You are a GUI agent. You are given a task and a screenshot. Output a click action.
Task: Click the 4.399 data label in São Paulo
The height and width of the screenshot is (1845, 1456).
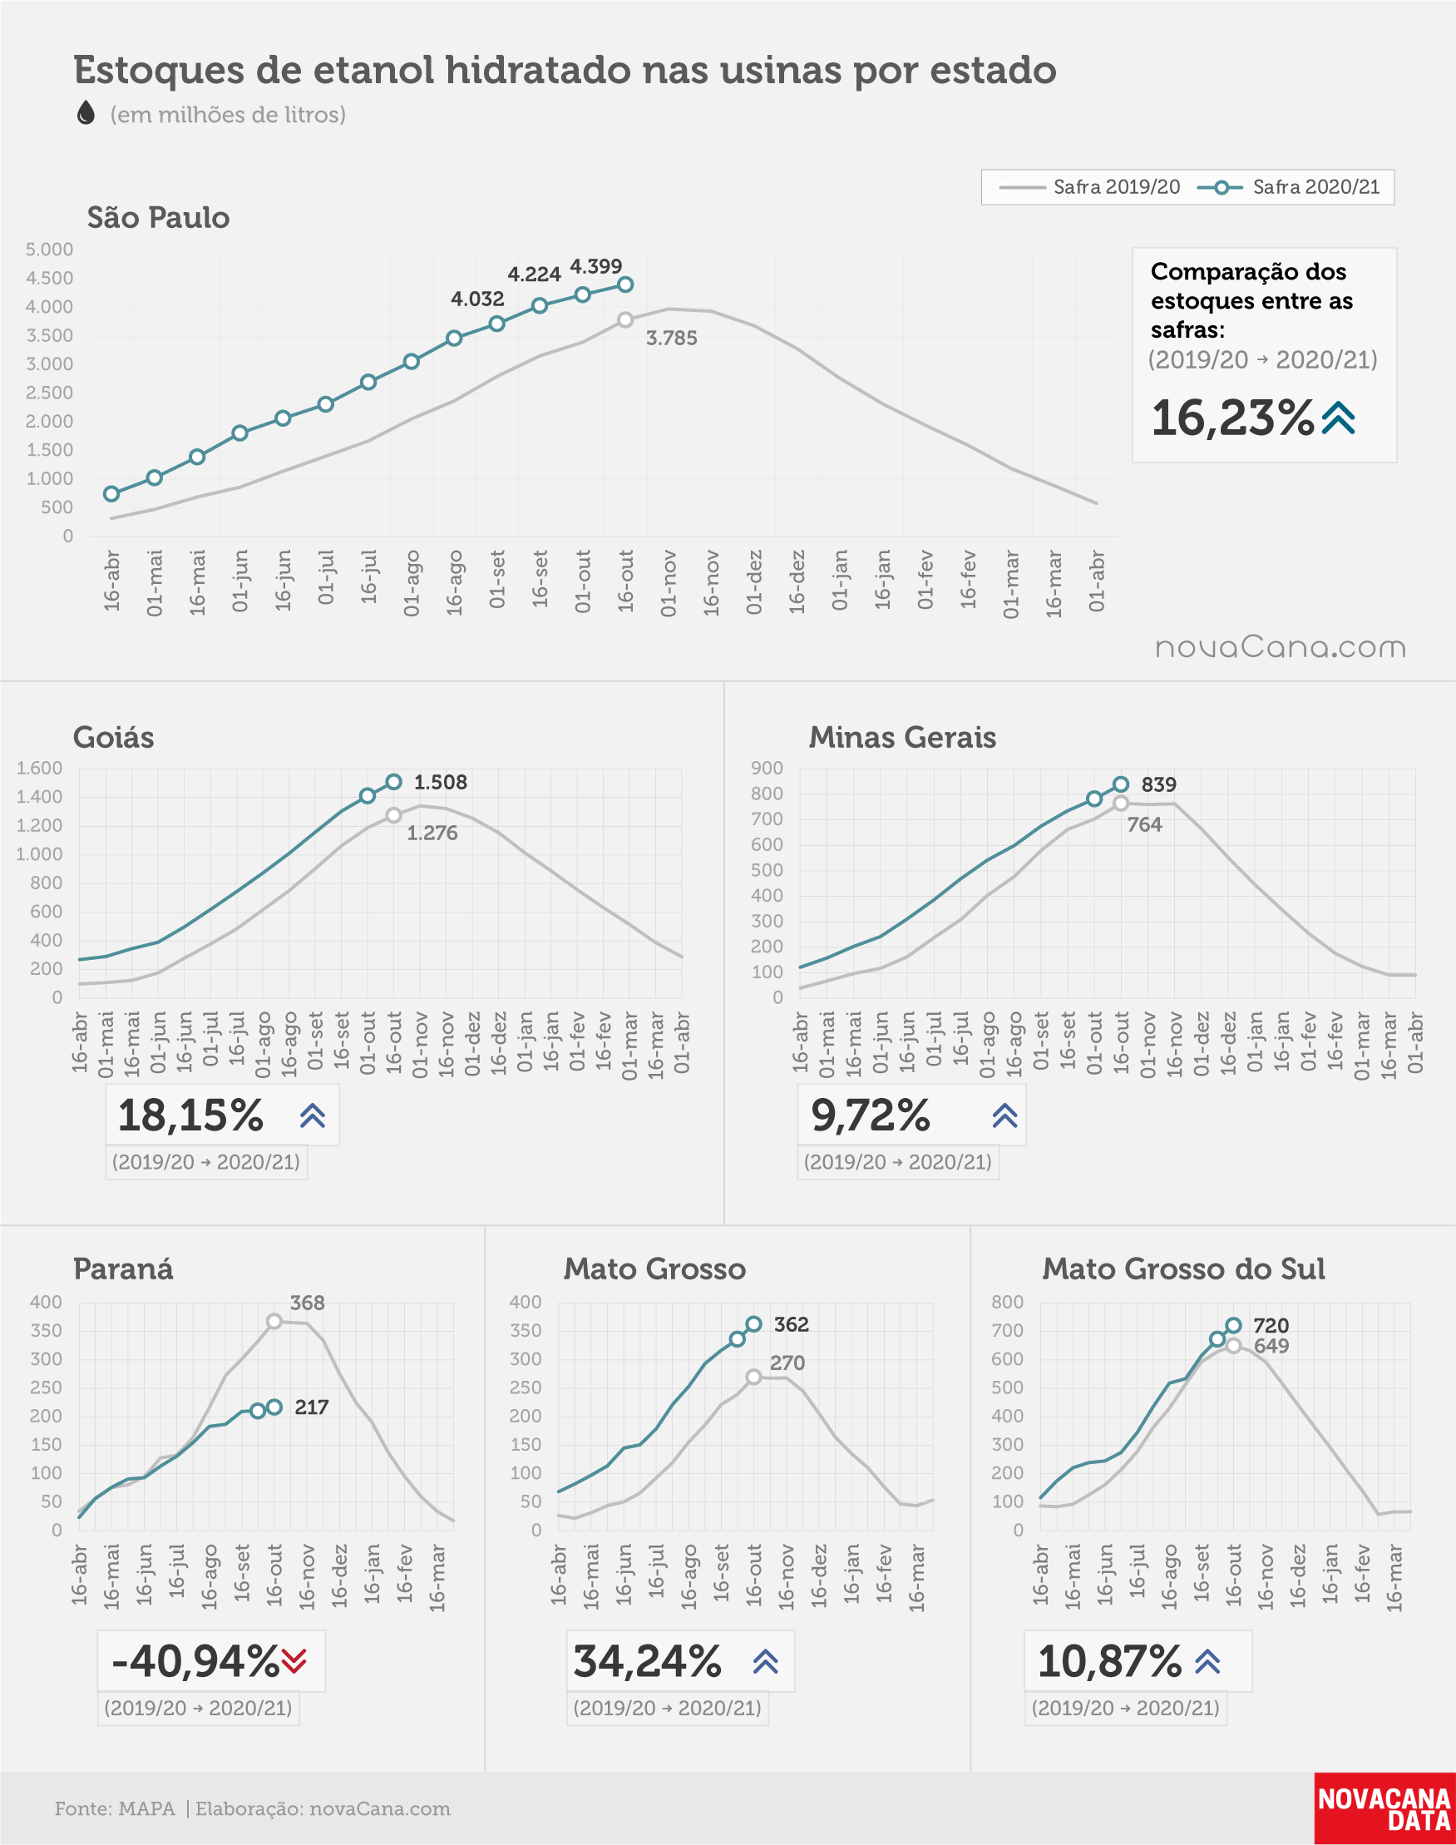pyautogui.click(x=596, y=267)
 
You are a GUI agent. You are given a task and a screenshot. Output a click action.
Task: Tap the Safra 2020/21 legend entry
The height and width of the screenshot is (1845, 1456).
pyautogui.click(x=1289, y=187)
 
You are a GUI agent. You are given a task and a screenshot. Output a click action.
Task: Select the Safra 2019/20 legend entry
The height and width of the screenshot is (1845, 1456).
pyautogui.click(x=1089, y=187)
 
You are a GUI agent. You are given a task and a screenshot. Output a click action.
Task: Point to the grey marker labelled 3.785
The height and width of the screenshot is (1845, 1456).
pyautogui.click(x=625, y=319)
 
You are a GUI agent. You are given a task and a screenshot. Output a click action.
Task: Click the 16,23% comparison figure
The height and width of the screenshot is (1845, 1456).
pyautogui.click(x=1232, y=418)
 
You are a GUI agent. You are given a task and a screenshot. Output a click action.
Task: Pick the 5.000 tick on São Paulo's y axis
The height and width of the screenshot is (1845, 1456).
pyautogui.click(x=49, y=250)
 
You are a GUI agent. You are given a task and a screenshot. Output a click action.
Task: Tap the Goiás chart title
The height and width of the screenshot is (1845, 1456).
pyautogui.click(x=113, y=738)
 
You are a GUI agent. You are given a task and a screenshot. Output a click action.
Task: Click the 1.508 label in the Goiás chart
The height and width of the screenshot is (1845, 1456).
pyautogui.click(x=441, y=783)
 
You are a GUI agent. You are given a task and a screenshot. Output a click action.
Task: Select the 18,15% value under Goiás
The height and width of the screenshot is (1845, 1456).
pyautogui.click(x=190, y=1116)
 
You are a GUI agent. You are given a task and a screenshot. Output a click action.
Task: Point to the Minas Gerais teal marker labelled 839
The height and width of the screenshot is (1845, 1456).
pyautogui.click(x=1121, y=784)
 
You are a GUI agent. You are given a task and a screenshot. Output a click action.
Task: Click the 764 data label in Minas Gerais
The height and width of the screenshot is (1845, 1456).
pyautogui.click(x=1145, y=824)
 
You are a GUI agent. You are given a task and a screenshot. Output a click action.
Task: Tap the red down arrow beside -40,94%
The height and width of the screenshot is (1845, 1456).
pyautogui.click(x=294, y=1660)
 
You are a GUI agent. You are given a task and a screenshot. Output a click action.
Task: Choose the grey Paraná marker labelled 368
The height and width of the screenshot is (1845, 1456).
pyautogui.click(x=274, y=1322)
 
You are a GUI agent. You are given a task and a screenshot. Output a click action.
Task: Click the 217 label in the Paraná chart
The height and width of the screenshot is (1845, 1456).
pyautogui.click(x=312, y=1407)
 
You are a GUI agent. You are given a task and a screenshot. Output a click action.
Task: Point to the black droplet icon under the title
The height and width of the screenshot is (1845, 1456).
pyautogui.click(x=86, y=112)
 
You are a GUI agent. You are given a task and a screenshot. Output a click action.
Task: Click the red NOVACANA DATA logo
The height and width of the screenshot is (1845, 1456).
pyautogui.click(x=1384, y=1808)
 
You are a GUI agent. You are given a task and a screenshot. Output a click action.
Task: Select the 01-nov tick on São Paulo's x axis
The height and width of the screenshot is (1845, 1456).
pyautogui.click(x=669, y=583)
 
